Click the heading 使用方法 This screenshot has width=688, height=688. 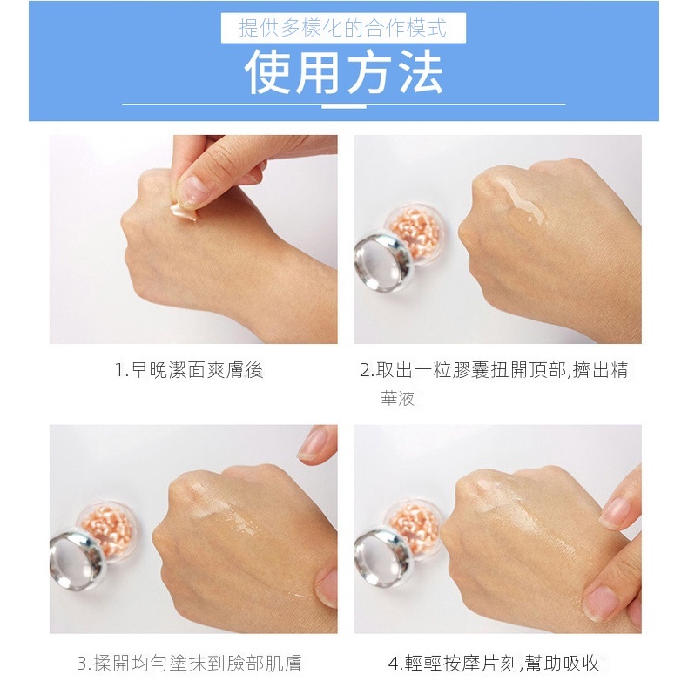(x=343, y=72)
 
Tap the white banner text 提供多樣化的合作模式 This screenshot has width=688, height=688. (x=343, y=28)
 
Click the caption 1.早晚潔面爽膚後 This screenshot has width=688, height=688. (x=189, y=370)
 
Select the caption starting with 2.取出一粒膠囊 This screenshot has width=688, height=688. (x=494, y=370)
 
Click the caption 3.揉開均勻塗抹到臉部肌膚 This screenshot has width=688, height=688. (x=190, y=664)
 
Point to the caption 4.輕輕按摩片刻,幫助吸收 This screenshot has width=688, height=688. (x=494, y=664)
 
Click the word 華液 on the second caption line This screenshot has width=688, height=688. (x=397, y=398)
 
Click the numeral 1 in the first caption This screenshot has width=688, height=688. (x=119, y=370)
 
